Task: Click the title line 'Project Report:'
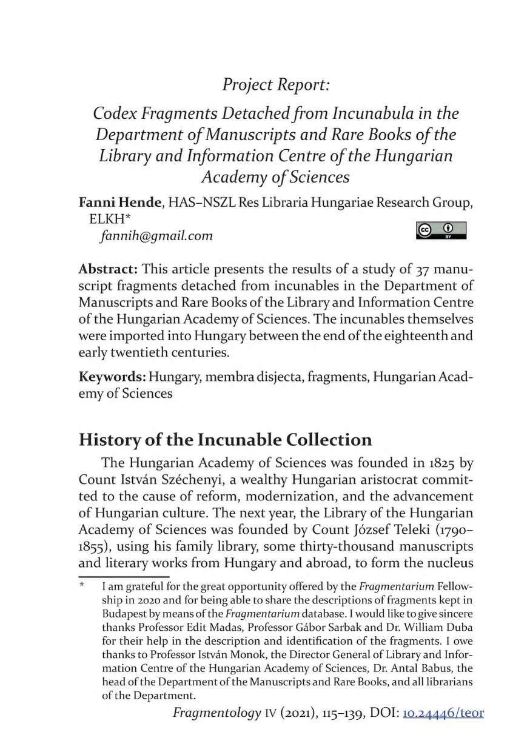click(276, 84)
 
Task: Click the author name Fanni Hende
click(118, 204)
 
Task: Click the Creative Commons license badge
click(441, 230)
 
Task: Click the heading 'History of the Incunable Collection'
click(225, 439)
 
